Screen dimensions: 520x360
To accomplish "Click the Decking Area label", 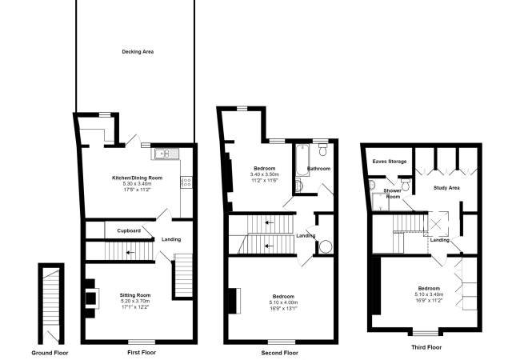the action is click(x=138, y=52).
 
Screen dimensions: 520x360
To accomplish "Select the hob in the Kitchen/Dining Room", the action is click(x=186, y=182).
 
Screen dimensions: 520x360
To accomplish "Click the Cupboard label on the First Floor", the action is click(x=129, y=230).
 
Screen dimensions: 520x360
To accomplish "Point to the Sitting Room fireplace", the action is click(x=91, y=298).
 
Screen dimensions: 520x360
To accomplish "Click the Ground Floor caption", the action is click(x=50, y=353).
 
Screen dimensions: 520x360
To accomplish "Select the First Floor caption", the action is click(x=142, y=352).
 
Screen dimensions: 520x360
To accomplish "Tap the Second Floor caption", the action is click(x=279, y=353).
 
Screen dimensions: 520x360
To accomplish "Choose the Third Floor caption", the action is click(x=426, y=347).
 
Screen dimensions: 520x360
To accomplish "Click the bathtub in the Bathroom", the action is click(x=302, y=161).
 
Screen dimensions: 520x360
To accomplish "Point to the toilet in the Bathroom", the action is click(x=322, y=149).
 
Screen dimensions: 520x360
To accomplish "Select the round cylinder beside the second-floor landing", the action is click(x=326, y=246).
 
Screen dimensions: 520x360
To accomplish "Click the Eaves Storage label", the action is click(x=390, y=162).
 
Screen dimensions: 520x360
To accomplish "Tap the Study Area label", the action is click(x=446, y=188).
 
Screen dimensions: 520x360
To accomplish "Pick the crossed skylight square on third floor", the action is click(x=437, y=224).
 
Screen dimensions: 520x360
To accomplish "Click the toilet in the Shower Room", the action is click(x=406, y=183).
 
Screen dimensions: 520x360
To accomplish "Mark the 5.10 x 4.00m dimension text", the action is click(x=283, y=302).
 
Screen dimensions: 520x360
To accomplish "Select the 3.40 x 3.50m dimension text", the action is click(x=265, y=174).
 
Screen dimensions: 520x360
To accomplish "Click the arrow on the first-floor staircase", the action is click(x=130, y=253).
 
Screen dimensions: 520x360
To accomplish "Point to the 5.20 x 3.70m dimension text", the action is click(x=135, y=301).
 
